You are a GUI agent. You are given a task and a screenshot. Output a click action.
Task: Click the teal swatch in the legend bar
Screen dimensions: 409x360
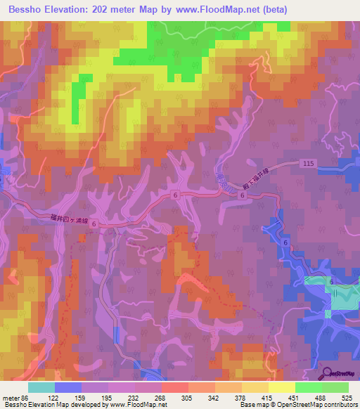[x=41, y=387]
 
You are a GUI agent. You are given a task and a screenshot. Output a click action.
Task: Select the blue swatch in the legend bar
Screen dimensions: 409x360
[x=67, y=387]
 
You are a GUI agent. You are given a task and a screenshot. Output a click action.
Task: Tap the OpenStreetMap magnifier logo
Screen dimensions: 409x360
[x=326, y=372]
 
